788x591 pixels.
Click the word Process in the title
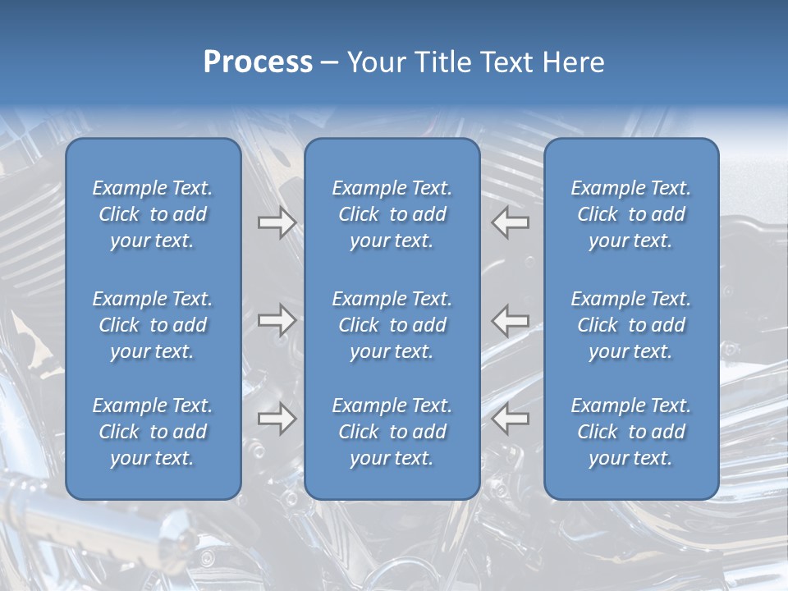[258, 62]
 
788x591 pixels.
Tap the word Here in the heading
[575, 62]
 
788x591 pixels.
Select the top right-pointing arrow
[277, 222]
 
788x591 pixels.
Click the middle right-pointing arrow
[277, 320]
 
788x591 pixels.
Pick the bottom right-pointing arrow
[277, 419]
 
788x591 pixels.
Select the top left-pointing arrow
[511, 222]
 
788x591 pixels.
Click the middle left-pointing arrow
[511, 320]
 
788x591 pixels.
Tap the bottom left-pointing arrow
[511, 419]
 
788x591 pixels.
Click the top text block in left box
[153, 214]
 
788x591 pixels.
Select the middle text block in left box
[153, 325]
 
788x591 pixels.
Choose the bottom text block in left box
[153, 432]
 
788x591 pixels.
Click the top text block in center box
[392, 214]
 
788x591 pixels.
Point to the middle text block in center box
[392, 325]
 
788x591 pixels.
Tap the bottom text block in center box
[392, 432]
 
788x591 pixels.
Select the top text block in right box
[630, 214]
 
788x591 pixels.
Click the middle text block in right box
[630, 325]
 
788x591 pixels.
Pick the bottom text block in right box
[630, 432]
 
